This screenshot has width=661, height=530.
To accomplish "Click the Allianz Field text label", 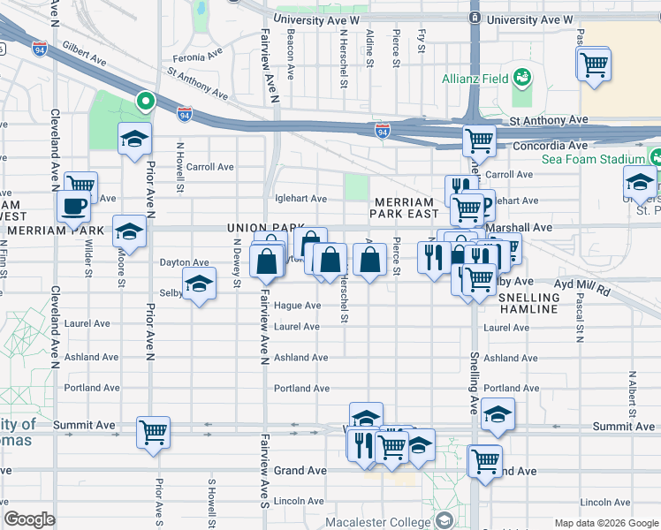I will click(x=475, y=79).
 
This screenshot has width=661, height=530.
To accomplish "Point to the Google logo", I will click(x=29, y=519).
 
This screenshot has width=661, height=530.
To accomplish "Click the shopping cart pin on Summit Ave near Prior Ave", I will click(x=153, y=433).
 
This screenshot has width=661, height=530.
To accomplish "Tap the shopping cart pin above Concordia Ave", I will click(x=479, y=140).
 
